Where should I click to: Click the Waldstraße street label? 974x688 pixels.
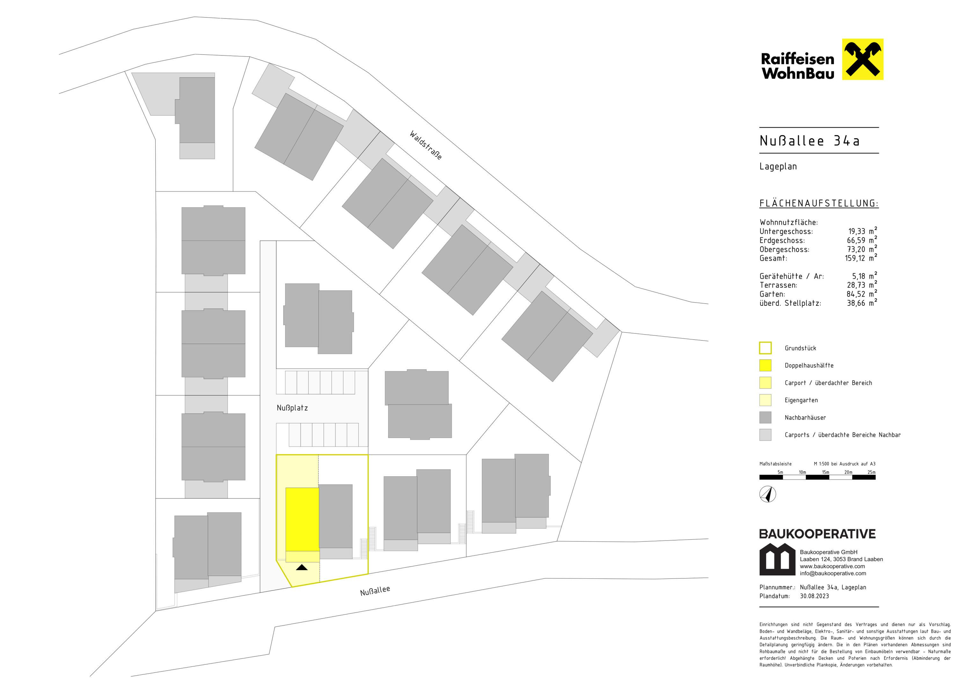click(426, 145)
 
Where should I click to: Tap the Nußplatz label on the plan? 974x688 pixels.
click(292, 408)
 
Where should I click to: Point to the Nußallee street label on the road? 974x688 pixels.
click(375, 591)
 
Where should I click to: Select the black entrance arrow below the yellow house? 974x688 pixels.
click(302, 567)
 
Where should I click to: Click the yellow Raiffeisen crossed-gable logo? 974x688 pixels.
click(862, 59)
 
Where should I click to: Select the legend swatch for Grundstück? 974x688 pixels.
click(765, 348)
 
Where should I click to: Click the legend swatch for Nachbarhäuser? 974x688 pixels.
click(765, 418)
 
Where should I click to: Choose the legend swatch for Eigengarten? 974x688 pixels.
click(765, 400)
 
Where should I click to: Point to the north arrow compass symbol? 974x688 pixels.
click(768, 494)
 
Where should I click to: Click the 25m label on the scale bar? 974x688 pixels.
click(871, 472)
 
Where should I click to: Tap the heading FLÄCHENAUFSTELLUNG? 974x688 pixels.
click(819, 204)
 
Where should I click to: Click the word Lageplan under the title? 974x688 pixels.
click(778, 167)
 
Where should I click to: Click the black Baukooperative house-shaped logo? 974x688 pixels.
click(777, 559)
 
